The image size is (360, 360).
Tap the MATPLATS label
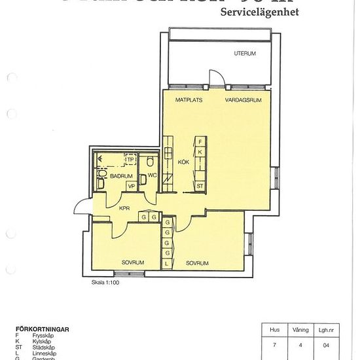(189, 100)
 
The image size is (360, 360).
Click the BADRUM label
(121, 176)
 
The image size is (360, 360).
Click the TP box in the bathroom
(130, 159)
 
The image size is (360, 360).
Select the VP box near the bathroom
(131, 187)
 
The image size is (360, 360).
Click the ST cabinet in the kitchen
(200, 186)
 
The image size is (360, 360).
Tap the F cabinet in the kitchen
(200, 141)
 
